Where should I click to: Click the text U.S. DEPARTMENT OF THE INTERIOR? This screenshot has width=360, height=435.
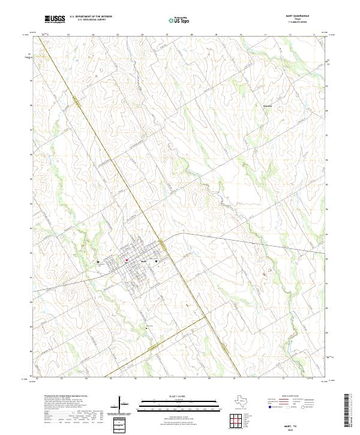pos(91,17)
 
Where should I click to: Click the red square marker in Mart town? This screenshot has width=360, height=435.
pos(127,260)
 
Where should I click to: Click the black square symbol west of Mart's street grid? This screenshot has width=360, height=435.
pos(98,262)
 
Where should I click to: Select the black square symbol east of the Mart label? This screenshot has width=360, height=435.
pos(157,262)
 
